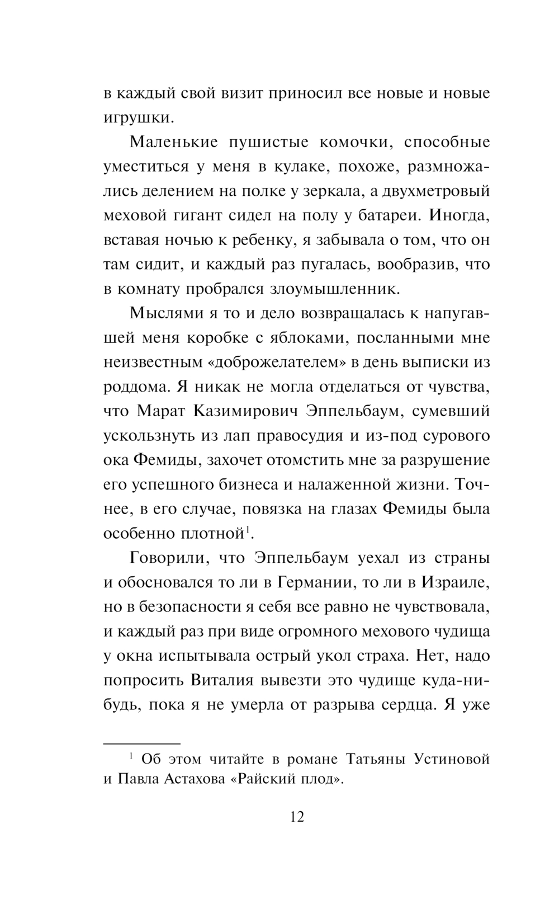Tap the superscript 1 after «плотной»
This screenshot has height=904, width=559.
click(247, 529)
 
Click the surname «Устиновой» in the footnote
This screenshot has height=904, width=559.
click(452, 759)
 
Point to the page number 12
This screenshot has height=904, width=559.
click(297, 817)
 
